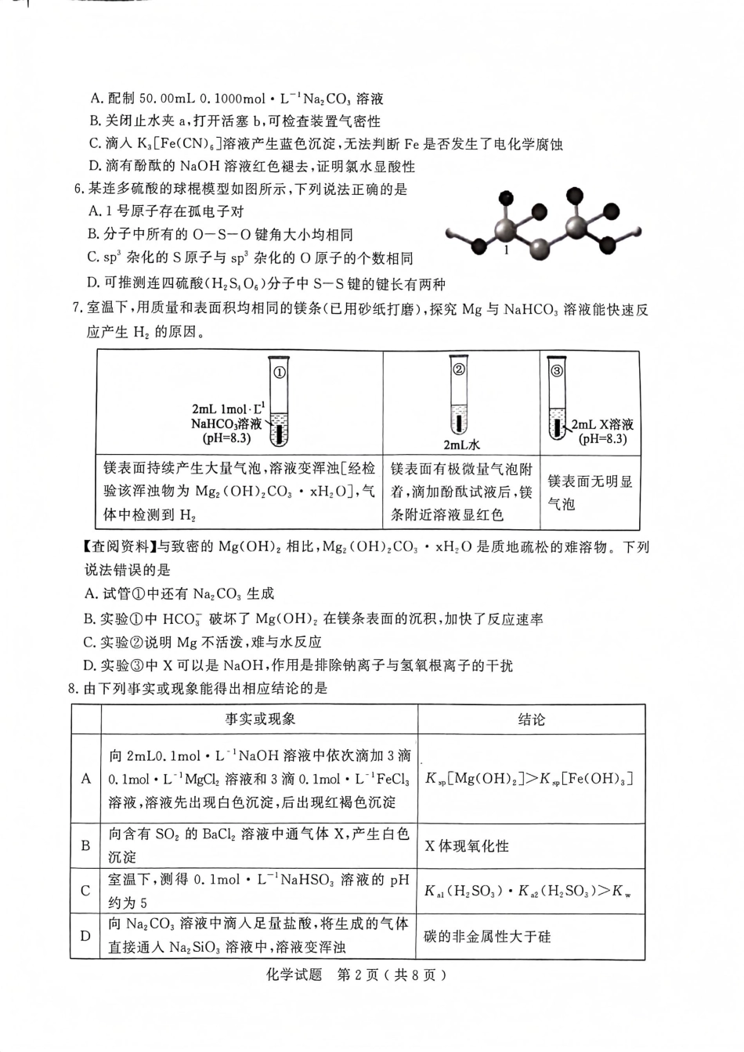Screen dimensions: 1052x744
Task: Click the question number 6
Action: coord(75,189)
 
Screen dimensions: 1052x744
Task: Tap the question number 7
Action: coord(75,309)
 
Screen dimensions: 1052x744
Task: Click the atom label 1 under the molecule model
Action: coord(507,250)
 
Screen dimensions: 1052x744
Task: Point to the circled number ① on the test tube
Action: coord(279,372)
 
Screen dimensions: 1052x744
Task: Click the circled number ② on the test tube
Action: coord(460,369)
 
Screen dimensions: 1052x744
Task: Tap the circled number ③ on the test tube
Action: coord(557,371)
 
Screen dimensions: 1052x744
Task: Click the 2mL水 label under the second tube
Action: coord(461,445)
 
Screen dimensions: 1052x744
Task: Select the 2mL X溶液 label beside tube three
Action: coord(601,424)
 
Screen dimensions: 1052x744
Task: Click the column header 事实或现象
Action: coord(260,719)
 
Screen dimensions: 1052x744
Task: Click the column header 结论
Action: coord(531,719)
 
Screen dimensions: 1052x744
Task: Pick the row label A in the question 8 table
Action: coord(86,779)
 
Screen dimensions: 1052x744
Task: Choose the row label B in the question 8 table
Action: coord(86,846)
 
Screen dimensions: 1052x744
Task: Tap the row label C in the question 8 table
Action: coord(86,891)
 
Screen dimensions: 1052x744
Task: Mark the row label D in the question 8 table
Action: coord(86,936)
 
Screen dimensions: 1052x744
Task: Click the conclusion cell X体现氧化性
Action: coord(467,846)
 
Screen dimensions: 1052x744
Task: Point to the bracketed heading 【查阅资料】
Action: coord(118,547)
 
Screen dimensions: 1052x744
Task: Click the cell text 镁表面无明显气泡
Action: coord(590,493)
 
